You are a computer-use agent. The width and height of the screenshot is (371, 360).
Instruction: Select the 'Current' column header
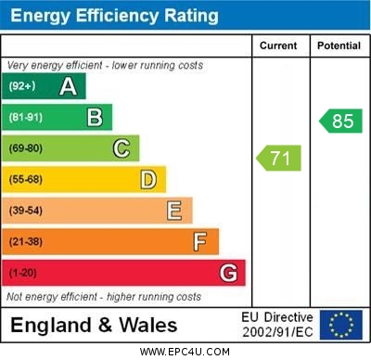[278, 45]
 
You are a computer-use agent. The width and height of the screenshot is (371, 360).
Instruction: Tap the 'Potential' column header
[339, 45]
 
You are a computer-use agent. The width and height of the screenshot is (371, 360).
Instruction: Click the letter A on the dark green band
[68, 86]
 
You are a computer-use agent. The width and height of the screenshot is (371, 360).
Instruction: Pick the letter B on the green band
[95, 117]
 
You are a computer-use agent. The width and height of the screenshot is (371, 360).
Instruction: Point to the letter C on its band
[122, 148]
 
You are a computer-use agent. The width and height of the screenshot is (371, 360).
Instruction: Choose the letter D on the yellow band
[148, 179]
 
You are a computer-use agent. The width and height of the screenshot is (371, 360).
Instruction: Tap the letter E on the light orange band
[174, 211]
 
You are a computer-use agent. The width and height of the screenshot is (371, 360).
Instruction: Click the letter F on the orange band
[200, 242]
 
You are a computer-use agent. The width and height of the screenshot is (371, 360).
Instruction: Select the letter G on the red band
[228, 274]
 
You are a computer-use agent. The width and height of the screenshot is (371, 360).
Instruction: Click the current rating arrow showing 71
[279, 158]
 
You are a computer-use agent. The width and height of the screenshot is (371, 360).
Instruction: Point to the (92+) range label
[22, 86]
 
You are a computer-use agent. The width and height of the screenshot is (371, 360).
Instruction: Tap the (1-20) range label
[23, 274]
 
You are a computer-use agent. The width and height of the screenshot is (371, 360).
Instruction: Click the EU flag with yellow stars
[341, 325]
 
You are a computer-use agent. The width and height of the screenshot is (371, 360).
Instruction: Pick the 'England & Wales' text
[94, 326]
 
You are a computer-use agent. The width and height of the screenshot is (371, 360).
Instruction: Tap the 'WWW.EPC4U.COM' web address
[185, 352]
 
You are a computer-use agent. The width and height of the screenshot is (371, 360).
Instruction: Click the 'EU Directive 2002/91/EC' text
[277, 325]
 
